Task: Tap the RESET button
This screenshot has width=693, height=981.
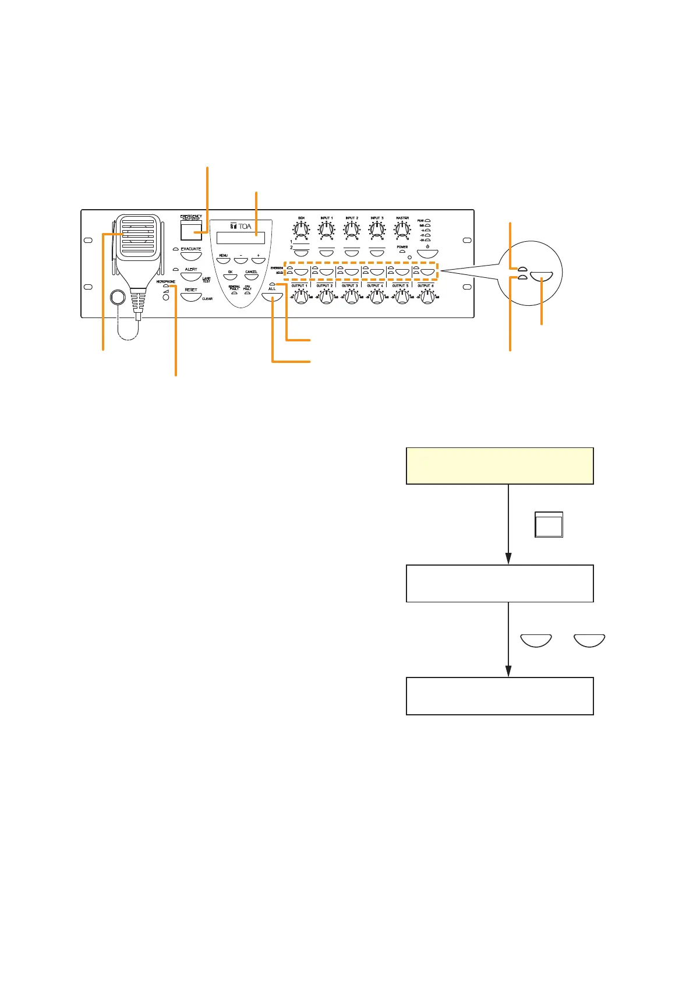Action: tap(191, 297)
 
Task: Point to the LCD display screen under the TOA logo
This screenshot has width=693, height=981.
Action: tap(240, 238)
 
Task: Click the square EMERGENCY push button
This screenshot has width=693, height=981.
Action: tap(191, 231)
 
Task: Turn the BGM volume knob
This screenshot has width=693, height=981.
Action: tap(301, 231)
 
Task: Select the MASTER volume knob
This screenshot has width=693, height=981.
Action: tap(402, 231)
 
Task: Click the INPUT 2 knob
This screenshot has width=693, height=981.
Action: tap(352, 231)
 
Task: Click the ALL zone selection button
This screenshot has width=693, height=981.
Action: tap(272, 297)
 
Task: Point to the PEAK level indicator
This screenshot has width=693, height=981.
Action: tap(427, 221)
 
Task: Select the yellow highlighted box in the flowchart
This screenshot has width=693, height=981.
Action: tap(499, 465)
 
